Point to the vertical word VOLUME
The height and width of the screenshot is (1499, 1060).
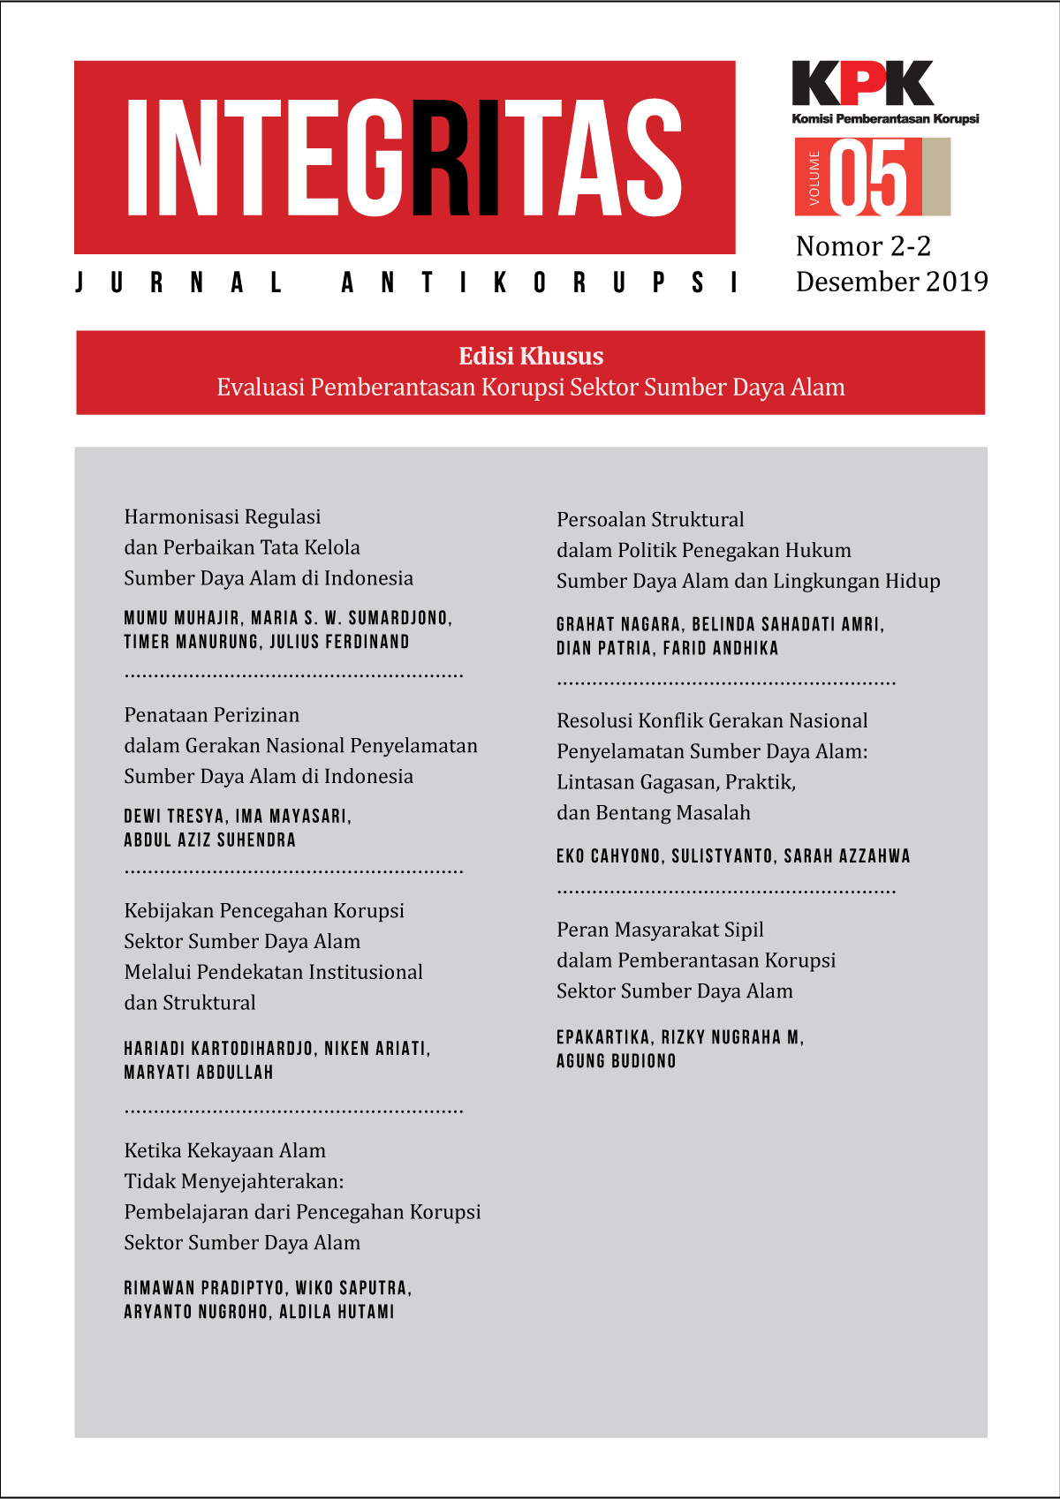(x=814, y=178)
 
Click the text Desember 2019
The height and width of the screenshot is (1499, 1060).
(x=891, y=282)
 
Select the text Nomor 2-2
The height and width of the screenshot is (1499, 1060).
(x=863, y=246)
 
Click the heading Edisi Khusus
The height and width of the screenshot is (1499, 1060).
(x=531, y=356)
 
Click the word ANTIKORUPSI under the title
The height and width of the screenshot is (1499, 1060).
(x=540, y=282)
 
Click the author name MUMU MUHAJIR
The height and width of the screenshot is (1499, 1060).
(x=182, y=618)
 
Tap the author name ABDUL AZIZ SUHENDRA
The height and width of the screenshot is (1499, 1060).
(x=209, y=840)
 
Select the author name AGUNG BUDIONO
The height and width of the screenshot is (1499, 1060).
(x=616, y=1061)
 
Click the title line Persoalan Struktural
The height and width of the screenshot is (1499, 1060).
(x=650, y=520)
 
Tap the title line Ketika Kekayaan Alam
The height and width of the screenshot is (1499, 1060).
(x=224, y=1151)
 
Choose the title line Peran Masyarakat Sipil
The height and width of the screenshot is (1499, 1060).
(x=660, y=930)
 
